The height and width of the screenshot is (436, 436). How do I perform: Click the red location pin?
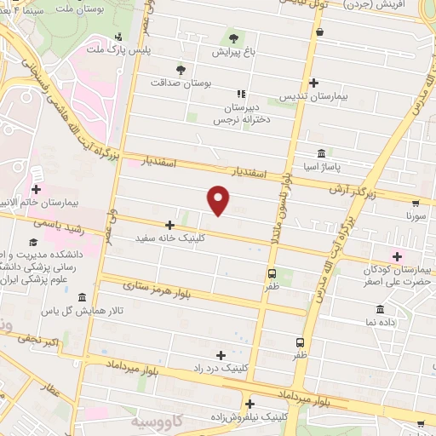click(x=219, y=198)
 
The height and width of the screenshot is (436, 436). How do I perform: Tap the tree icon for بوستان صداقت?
click(x=180, y=71)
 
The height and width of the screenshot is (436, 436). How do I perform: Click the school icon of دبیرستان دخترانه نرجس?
click(x=241, y=93)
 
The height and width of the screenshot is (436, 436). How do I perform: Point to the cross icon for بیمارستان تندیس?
click(x=314, y=83)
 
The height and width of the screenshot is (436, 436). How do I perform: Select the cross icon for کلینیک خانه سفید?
click(x=170, y=226)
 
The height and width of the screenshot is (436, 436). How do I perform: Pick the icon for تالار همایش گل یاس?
click(x=81, y=298)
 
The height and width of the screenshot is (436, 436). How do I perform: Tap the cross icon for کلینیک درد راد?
click(x=221, y=355)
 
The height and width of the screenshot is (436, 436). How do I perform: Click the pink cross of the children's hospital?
click(x=396, y=255)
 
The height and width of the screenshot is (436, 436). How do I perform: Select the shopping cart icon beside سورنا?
click(x=415, y=204)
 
